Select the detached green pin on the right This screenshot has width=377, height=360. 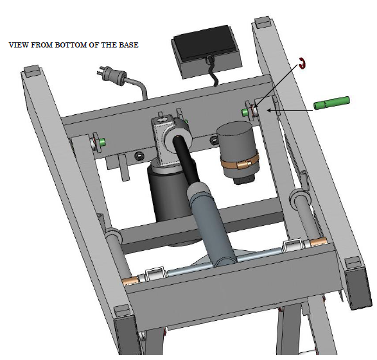(331, 103)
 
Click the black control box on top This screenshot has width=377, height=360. (206, 51)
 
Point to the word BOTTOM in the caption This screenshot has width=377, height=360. (71, 45)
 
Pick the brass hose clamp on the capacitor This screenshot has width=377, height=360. (240, 162)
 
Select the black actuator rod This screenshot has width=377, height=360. (186, 159)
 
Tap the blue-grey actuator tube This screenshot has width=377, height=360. (211, 223)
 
